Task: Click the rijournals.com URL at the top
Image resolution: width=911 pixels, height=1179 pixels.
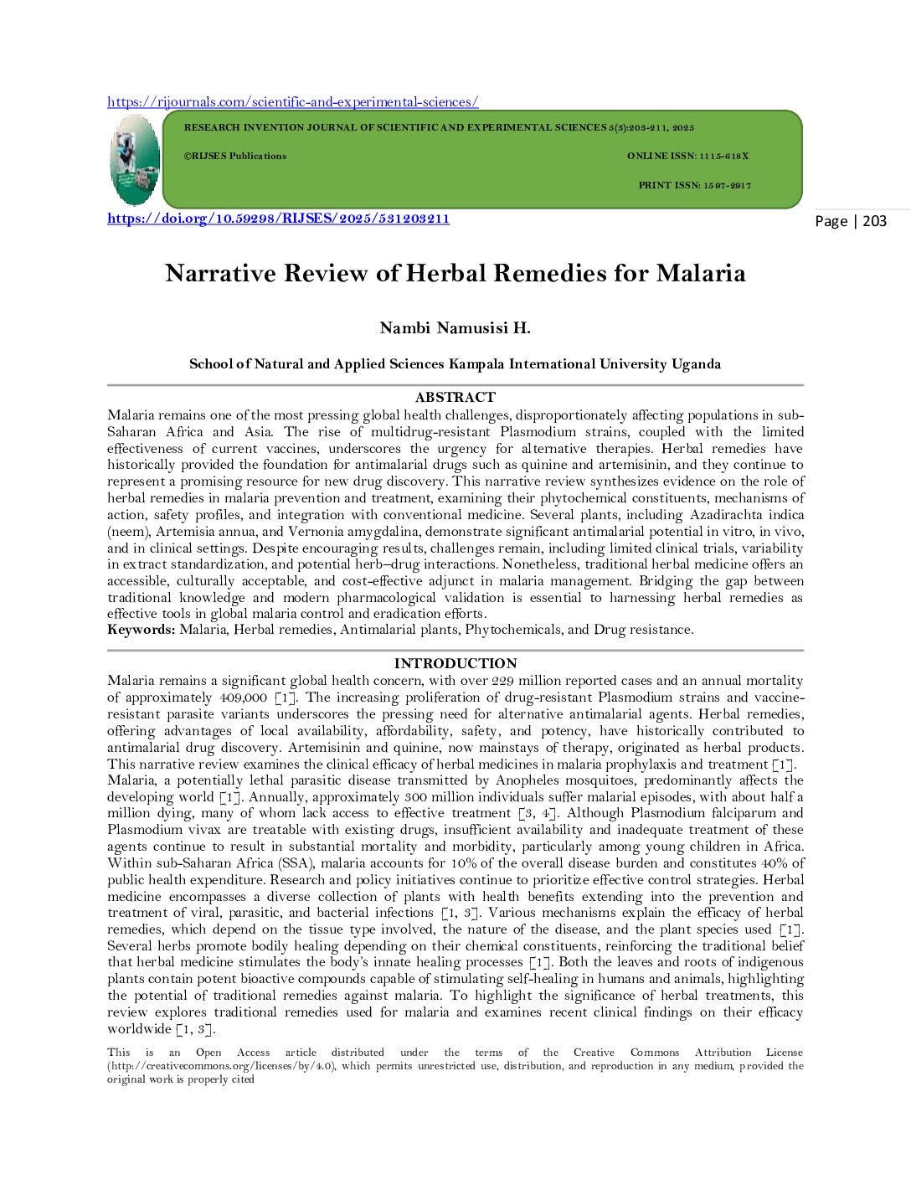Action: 292,102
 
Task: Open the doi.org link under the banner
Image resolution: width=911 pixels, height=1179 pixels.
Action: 278,219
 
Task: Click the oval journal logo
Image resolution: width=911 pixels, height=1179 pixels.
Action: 134,160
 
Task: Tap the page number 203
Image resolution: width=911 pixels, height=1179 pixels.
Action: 874,221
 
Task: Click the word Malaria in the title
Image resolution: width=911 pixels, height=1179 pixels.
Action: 700,274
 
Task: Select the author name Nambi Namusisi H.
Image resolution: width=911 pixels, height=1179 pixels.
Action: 455,327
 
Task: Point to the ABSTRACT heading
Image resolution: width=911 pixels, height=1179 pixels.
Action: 455,397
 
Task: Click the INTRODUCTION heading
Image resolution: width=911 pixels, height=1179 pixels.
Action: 455,663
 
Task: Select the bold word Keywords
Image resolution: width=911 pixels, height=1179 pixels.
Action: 141,630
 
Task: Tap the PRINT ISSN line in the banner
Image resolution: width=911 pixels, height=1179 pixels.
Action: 694,185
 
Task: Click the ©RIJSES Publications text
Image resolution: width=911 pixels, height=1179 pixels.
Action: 235,156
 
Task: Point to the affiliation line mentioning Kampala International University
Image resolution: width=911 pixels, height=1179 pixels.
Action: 455,363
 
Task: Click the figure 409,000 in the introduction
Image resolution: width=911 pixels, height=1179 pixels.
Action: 244,698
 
